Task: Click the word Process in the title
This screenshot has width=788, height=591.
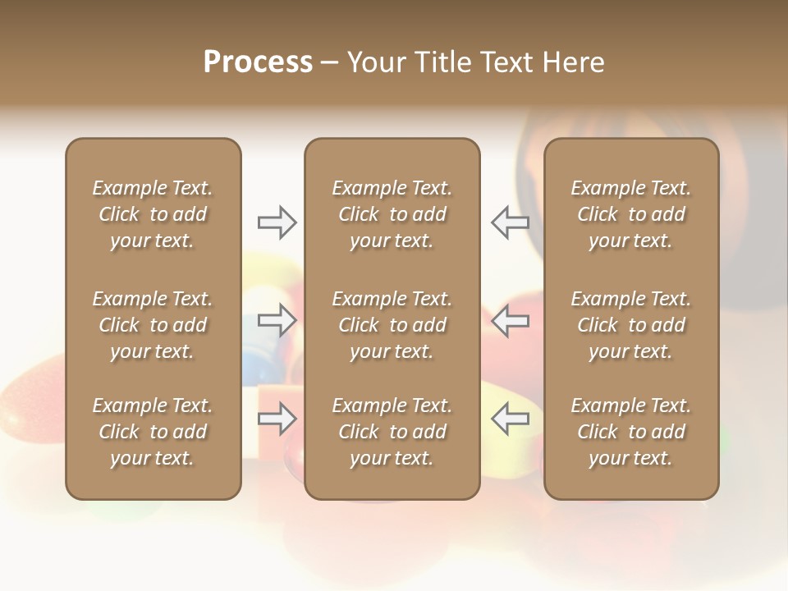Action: [x=258, y=62]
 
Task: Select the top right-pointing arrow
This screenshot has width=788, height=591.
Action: [x=277, y=222]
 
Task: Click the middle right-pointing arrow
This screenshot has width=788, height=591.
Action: [x=277, y=320]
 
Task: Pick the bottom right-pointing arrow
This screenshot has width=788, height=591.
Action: [x=277, y=419]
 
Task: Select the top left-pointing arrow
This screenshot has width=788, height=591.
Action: [x=511, y=222]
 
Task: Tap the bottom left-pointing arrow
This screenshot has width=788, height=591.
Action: [x=511, y=419]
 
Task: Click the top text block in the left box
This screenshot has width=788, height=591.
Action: [x=153, y=214]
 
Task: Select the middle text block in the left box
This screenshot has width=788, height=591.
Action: [x=153, y=325]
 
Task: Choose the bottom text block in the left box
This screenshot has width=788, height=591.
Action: [x=153, y=432]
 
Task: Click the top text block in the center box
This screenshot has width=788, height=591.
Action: [x=392, y=214]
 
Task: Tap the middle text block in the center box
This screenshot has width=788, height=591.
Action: [x=392, y=325]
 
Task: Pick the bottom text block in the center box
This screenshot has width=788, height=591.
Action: [x=392, y=432]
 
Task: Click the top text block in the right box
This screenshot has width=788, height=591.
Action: [x=631, y=214]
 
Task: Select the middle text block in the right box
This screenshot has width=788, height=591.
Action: [x=631, y=325]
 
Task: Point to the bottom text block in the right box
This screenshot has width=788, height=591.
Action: [x=631, y=432]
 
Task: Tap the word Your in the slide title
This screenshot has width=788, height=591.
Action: [x=375, y=62]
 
